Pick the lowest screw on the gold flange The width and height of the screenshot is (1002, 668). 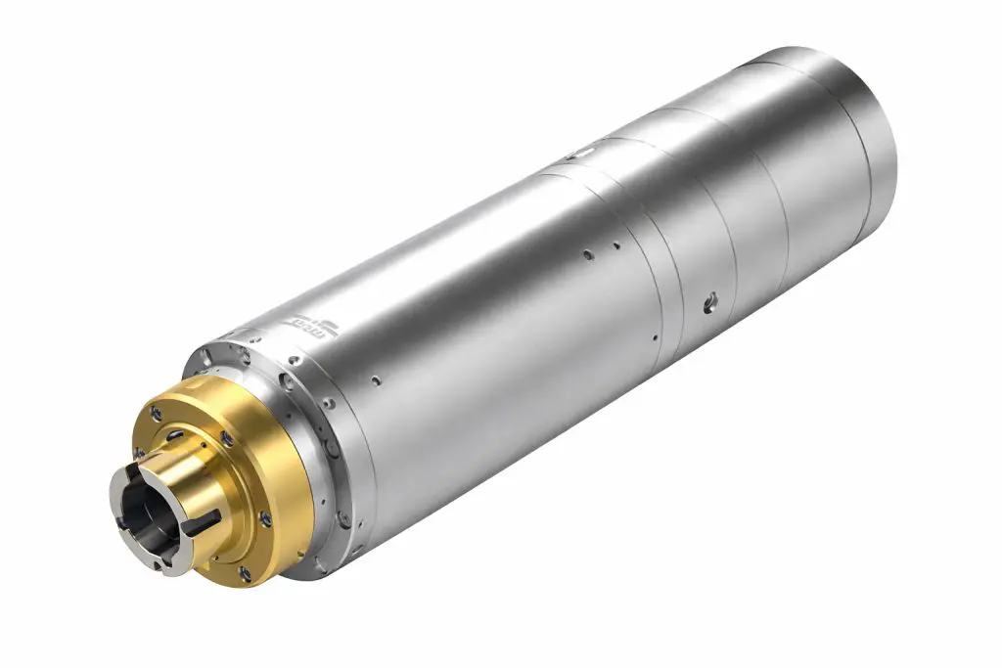244,573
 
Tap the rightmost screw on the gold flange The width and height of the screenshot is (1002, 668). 265,520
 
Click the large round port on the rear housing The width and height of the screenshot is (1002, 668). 709,303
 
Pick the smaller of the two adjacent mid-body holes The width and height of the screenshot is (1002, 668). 615,245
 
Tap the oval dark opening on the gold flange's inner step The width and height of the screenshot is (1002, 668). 174,436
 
